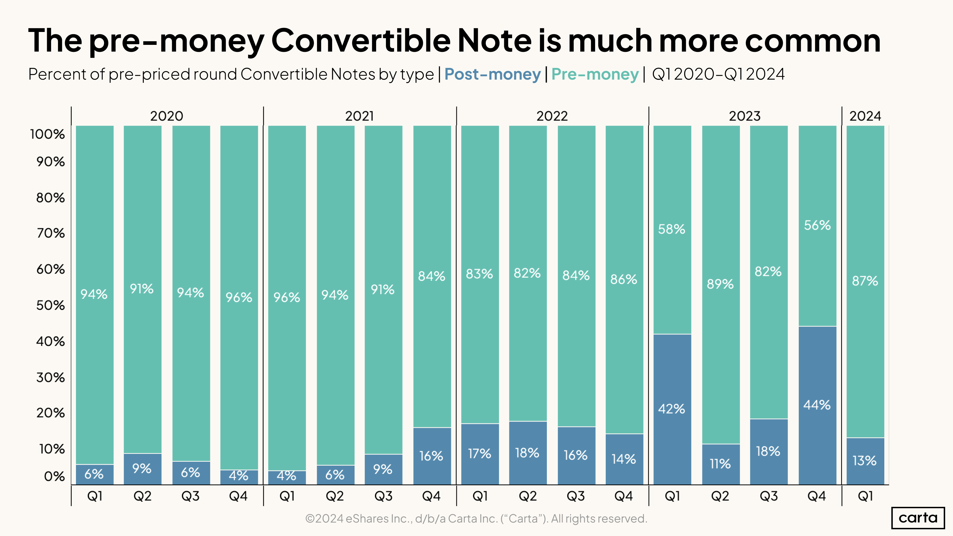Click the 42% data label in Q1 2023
(x=672, y=409)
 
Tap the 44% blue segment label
(x=817, y=405)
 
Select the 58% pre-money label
(x=672, y=229)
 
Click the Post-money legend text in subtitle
(x=492, y=74)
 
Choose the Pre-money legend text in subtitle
(x=595, y=74)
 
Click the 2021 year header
(x=359, y=116)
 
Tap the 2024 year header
(x=865, y=116)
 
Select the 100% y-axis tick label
(x=47, y=134)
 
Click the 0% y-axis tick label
(x=54, y=477)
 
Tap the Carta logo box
(x=918, y=517)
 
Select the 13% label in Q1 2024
(x=865, y=461)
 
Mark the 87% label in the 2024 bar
(x=865, y=281)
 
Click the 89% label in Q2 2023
(x=720, y=284)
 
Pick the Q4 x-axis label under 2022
(x=624, y=496)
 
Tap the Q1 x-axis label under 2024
(x=865, y=496)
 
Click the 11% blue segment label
(x=720, y=463)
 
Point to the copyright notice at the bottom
(x=476, y=519)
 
